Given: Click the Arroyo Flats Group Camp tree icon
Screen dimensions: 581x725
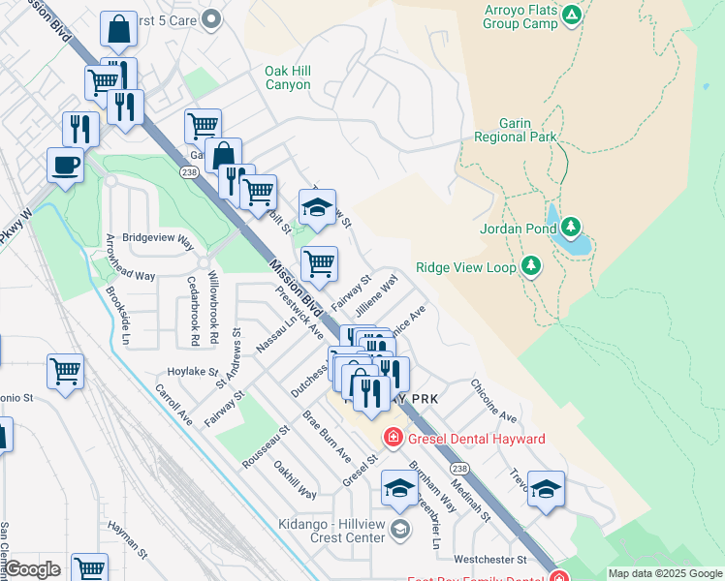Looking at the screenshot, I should [x=572, y=15].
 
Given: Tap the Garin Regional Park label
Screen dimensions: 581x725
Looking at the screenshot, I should [x=516, y=130].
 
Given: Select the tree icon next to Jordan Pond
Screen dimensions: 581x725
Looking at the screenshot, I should [x=572, y=229].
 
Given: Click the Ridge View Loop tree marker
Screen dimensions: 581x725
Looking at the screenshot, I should [x=530, y=265].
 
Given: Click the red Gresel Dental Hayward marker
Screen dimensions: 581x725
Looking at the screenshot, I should [x=393, y=438].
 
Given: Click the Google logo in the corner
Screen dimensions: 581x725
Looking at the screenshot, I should [x=32, y=569].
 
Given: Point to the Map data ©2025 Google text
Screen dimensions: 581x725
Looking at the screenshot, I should [x=664, y=573].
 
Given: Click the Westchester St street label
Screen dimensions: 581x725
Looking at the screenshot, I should [x=489, y=560].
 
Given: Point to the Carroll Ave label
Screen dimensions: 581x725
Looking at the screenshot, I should [x=173, y=404].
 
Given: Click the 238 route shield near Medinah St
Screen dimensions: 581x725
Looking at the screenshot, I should [x=459, y=469].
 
